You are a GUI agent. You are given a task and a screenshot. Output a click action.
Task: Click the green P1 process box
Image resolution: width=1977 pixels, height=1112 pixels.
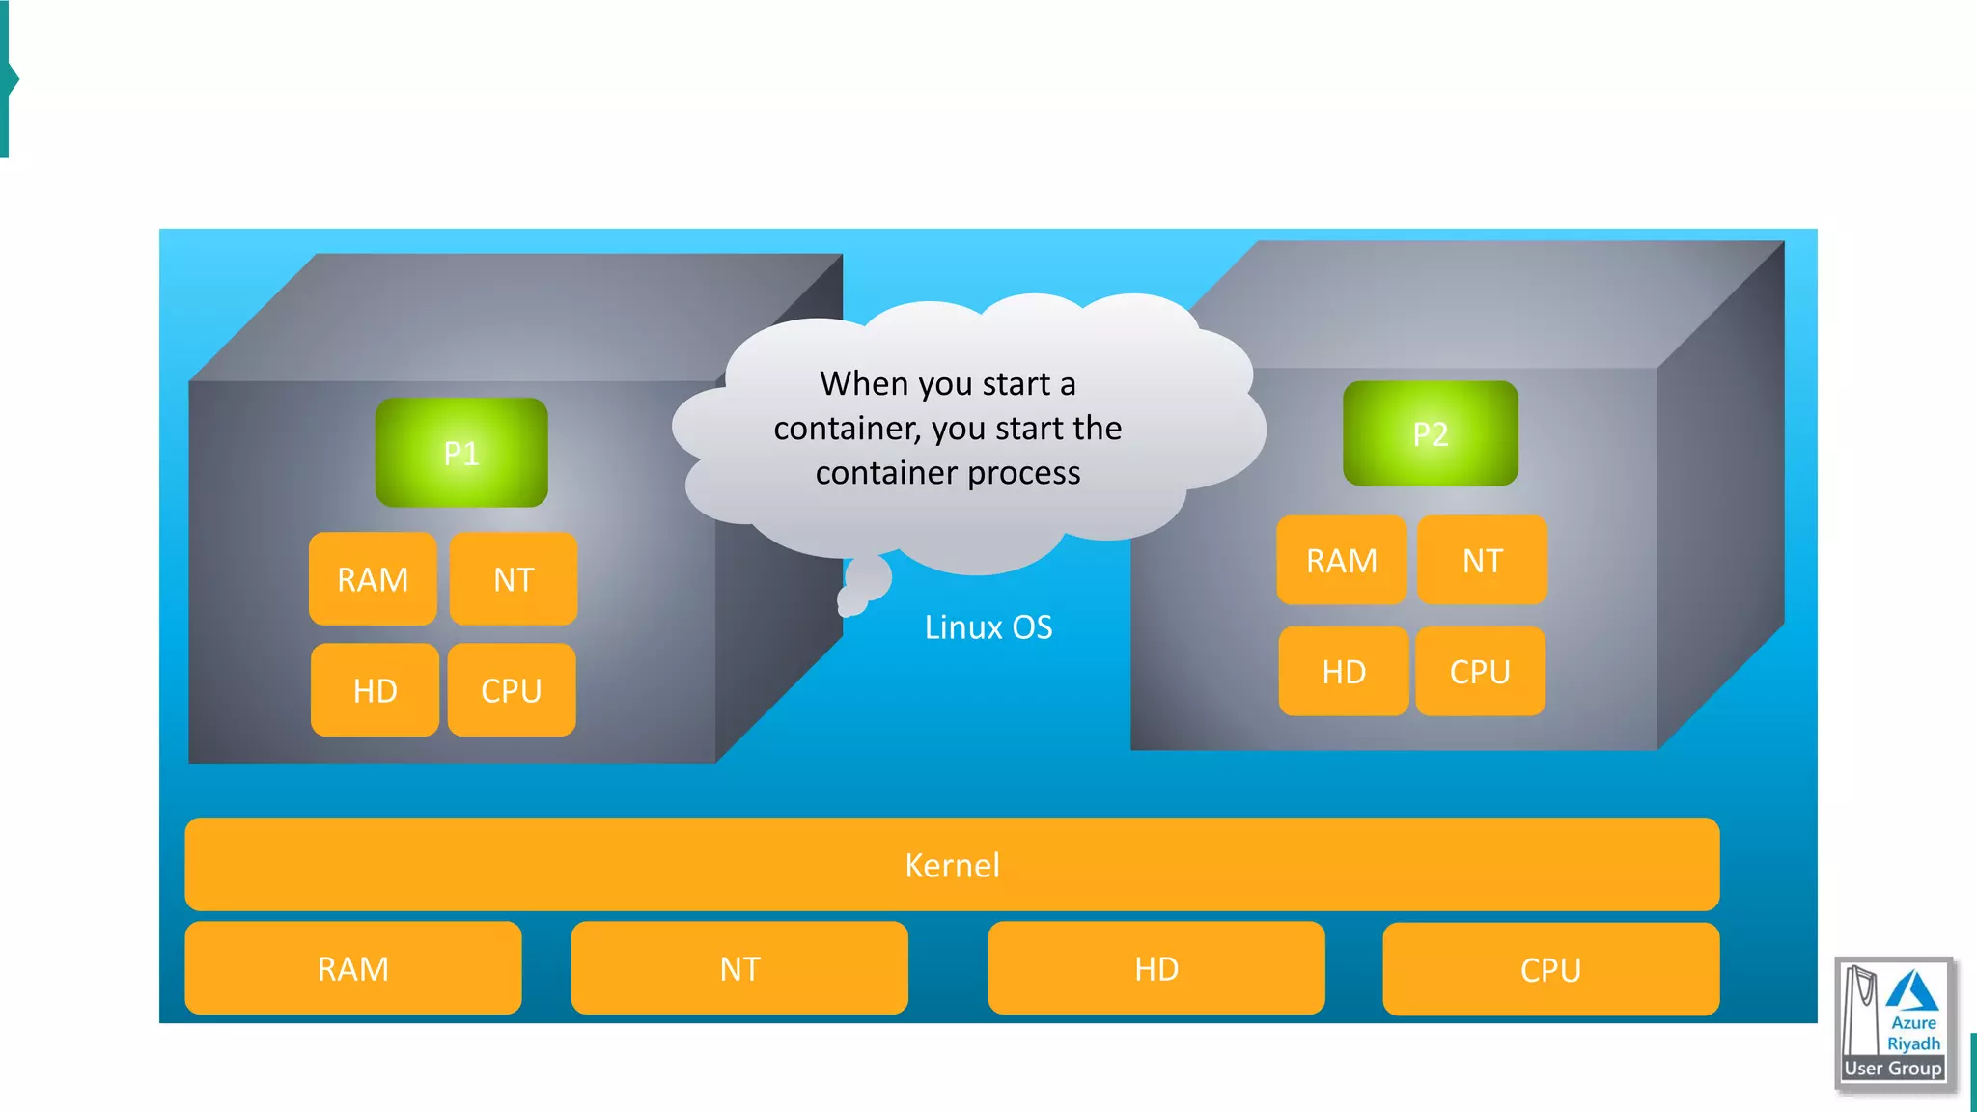[461, 453]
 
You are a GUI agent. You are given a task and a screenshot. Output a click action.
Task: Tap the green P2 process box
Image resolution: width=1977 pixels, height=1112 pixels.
[1430, 433]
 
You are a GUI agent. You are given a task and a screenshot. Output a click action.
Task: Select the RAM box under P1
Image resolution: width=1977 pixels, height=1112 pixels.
[373, 579]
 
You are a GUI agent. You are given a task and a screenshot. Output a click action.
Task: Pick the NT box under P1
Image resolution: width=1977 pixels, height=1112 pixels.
[514, 579]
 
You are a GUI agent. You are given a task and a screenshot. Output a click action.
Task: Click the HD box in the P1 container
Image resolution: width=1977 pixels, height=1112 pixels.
[375, 690]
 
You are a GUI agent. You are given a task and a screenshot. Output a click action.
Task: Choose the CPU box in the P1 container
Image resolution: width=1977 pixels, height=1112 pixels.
[512, 690]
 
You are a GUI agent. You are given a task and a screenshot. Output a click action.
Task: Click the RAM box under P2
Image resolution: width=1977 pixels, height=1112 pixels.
[1342, 560]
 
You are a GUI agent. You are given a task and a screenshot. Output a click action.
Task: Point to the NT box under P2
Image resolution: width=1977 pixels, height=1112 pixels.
[1482, 560]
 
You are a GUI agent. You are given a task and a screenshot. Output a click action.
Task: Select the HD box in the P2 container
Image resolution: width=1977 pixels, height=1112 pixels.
[1344, 671]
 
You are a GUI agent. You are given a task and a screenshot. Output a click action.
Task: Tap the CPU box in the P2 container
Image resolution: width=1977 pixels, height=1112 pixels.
[1480, 671]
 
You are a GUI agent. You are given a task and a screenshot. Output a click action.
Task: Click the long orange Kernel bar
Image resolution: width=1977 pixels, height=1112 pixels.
[952, 865]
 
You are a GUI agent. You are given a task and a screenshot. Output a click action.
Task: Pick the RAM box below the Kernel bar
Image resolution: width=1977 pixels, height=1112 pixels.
[353, 968]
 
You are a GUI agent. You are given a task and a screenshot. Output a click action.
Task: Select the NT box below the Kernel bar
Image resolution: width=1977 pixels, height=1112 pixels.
[739, 968]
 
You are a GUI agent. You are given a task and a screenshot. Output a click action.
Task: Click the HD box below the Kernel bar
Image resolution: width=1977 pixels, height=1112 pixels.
[1156, 968]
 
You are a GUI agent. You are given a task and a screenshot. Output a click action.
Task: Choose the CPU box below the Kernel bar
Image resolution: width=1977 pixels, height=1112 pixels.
[1550, 969]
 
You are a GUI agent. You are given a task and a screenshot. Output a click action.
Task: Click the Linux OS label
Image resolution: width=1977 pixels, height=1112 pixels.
[988, 627]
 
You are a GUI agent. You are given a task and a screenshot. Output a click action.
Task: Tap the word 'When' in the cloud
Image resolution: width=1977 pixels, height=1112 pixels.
[864, 384]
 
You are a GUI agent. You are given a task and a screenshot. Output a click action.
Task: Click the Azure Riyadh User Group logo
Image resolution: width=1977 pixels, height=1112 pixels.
[1894, 1023]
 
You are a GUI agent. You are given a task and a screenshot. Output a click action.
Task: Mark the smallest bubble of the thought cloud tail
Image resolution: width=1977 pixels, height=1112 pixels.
[851, 604]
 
